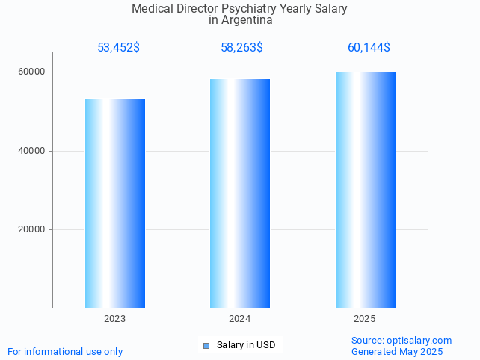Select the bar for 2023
click(x=115, y=202)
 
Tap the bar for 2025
click(x=365, y=190)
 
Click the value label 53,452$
click(x=118, y=48)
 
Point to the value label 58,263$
click(x=241, y=48)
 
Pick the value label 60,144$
click(x=369, y=48)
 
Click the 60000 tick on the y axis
click(x=32, y=72)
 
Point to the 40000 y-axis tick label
click(x=32, y=151)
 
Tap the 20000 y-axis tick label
click(x=32, y=230)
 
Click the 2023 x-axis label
click(x=115, y=319)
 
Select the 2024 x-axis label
click(x=240, y=319)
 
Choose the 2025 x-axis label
click(x=365, y=319)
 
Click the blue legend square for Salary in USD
click(x=206, y=345)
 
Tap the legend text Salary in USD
click(x=246, y=345)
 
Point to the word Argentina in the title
click(x=247, y=21)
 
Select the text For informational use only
click(x=65, y=352)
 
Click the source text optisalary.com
click(x=419, y=341)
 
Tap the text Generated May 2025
click(x=397, y=352)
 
